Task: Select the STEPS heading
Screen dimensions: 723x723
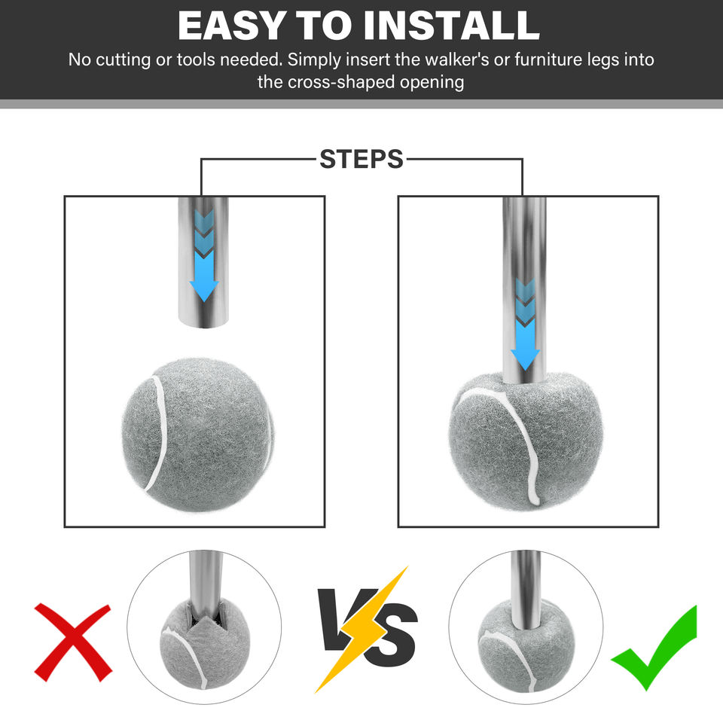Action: pyautogui.click(x=361, y=159)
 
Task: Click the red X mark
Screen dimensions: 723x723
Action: pyautogui.click(x=73, y=642)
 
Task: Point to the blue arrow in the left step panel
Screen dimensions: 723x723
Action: pyautogui.click(x=204, y=256)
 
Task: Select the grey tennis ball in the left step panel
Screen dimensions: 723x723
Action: pyautogui.click(x=198, y=435)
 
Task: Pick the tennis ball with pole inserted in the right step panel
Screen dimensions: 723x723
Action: pyautogui.click(x=526, y=443)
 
